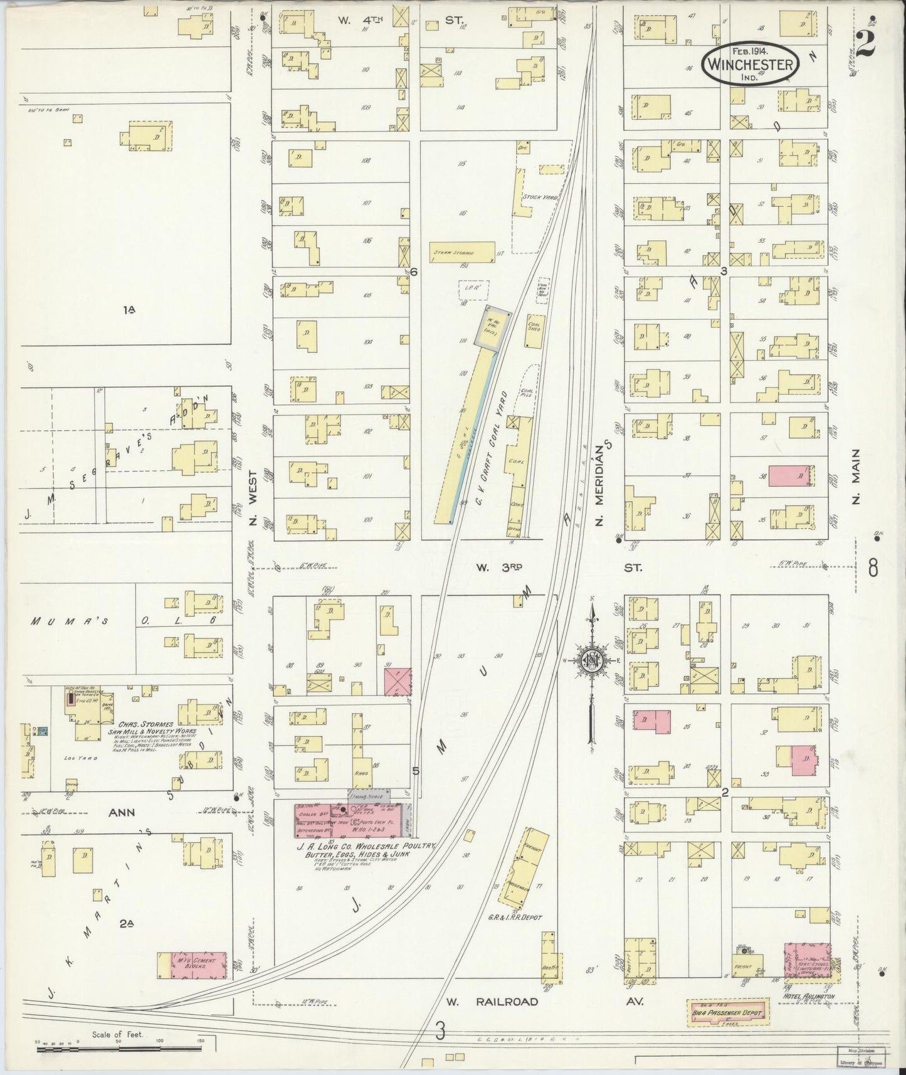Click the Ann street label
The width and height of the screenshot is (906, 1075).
122,813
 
